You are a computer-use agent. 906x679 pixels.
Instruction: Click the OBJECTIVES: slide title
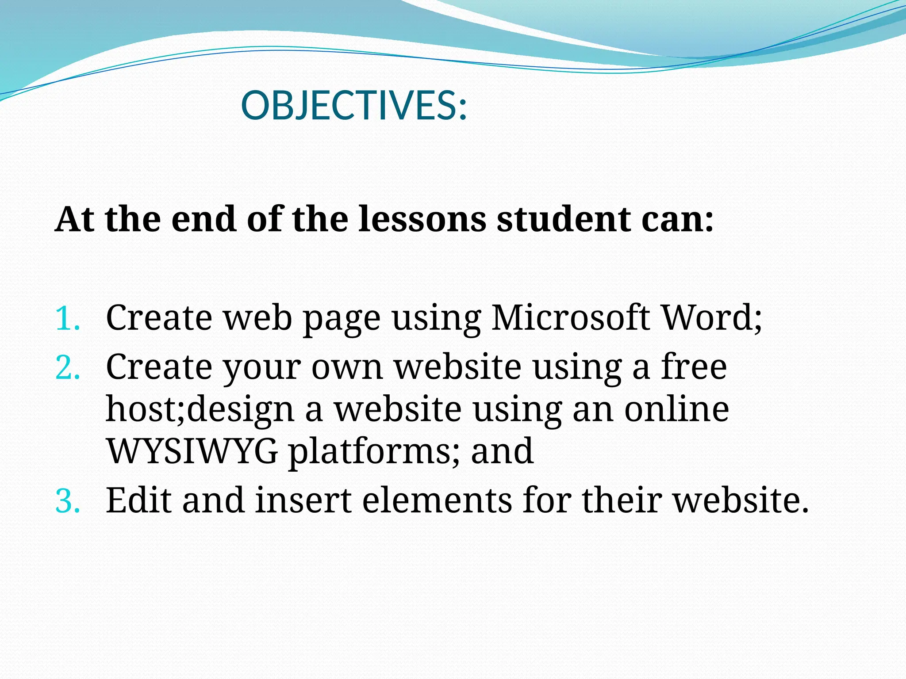pyautogui.click(x=354, y=106)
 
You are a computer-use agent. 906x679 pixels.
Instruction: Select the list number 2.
pyautogui.click(x=68, y=367)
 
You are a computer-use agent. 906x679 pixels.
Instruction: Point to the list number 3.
pyautogui.click(x=68, y=501)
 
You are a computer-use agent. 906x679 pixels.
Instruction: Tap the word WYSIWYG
pyautogui.click(x=192, y=451)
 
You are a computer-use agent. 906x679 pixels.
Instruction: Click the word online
pyautogui.click(x=676, y=409)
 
